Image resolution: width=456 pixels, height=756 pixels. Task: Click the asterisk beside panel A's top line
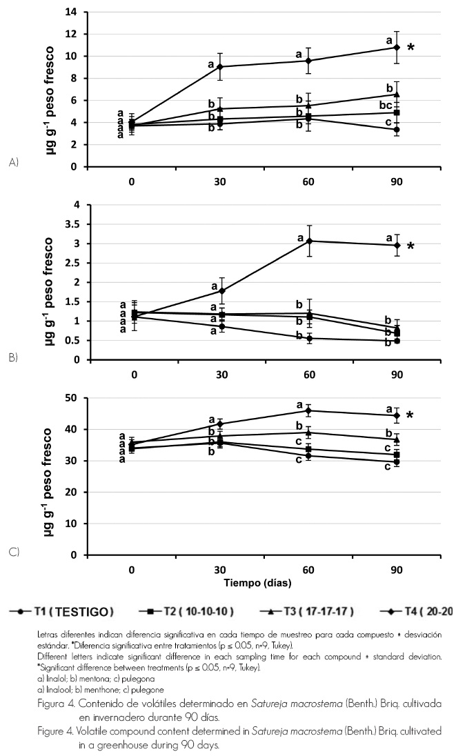(x=411, y=48)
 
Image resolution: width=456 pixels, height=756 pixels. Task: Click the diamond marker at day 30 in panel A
(x=220, y=67)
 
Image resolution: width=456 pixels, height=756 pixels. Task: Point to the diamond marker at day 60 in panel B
(x=309, y=241)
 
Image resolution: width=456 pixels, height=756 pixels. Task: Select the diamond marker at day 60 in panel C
(x=308, y=410)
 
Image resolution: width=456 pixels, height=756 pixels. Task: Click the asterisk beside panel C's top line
(x=410, y=416)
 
